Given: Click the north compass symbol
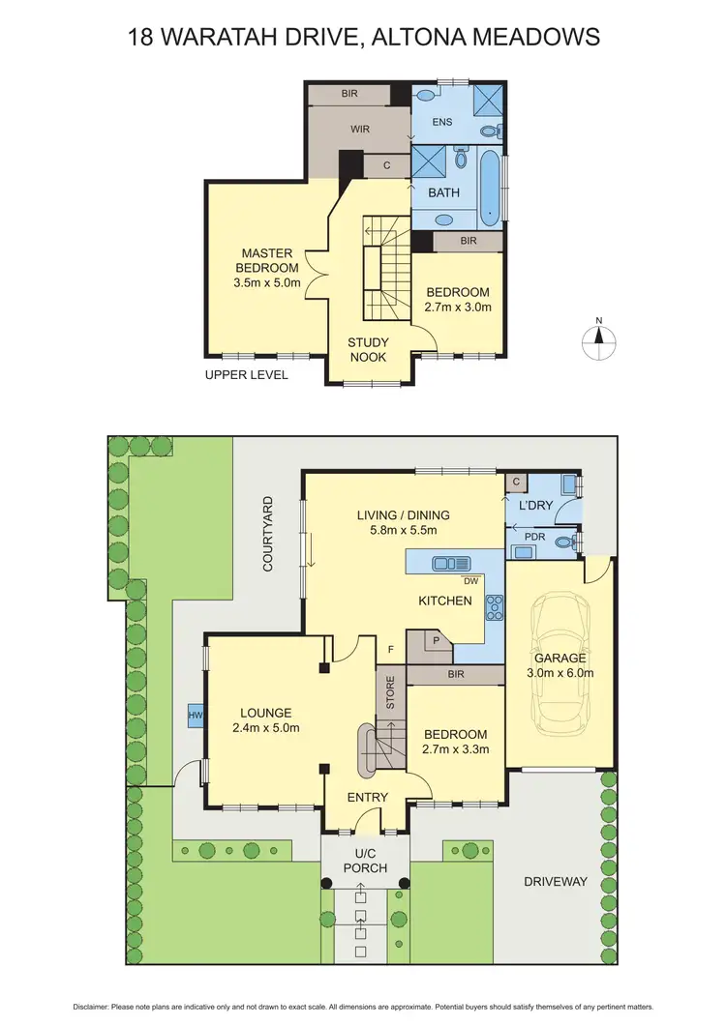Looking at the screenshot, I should (599, 337).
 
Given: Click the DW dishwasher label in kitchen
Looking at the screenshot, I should (471, 581).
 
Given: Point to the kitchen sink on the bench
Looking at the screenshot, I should (450, 563).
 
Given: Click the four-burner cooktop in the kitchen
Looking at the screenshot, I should (494, 606).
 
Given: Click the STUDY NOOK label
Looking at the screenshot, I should (368, 349).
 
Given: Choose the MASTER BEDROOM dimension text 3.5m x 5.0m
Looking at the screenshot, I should (267, 283).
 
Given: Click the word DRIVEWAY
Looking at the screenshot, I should (556, 882).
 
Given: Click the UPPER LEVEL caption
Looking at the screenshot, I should (245, 374).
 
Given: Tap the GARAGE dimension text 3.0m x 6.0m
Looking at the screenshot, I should (560, 673).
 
